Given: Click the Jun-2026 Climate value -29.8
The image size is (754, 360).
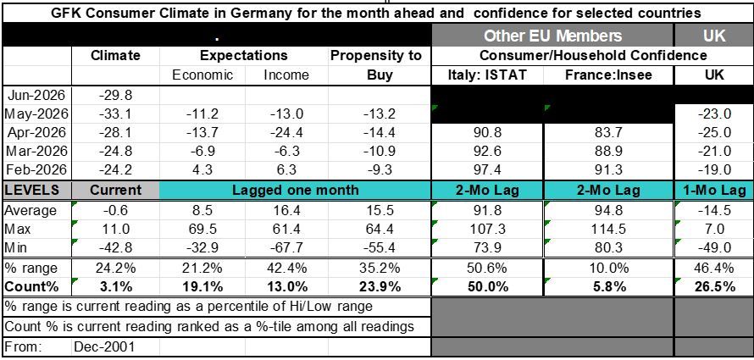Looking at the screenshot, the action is tap(115, 96).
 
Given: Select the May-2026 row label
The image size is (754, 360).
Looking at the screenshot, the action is tap(36, 114).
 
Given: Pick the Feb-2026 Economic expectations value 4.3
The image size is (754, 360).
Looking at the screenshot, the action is tap(202, 170).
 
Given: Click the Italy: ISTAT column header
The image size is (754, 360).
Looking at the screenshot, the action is tap(488, 75).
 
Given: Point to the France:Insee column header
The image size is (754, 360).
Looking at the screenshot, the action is tap(608, 75).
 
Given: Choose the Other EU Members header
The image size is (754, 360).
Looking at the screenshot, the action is tap(552, 36).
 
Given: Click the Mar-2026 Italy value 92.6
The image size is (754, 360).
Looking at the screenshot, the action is tap(488, 152).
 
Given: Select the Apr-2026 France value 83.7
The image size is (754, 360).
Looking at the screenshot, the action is tap(608, 133).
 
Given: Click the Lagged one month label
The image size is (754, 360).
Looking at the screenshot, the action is tap(296, 190).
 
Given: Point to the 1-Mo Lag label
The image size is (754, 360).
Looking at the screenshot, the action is tap(714, 190).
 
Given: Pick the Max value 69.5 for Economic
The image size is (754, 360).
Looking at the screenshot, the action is tap(202, 230).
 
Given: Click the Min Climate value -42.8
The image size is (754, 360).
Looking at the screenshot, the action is tap(115, 247).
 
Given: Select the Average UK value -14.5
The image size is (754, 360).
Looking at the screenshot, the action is tap(716, 211).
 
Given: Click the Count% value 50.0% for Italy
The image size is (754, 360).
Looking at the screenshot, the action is tap(488, 287).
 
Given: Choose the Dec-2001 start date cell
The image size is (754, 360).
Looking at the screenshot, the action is tap(104, 346).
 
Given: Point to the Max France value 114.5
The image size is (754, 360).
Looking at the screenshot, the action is tap(608, 230).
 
